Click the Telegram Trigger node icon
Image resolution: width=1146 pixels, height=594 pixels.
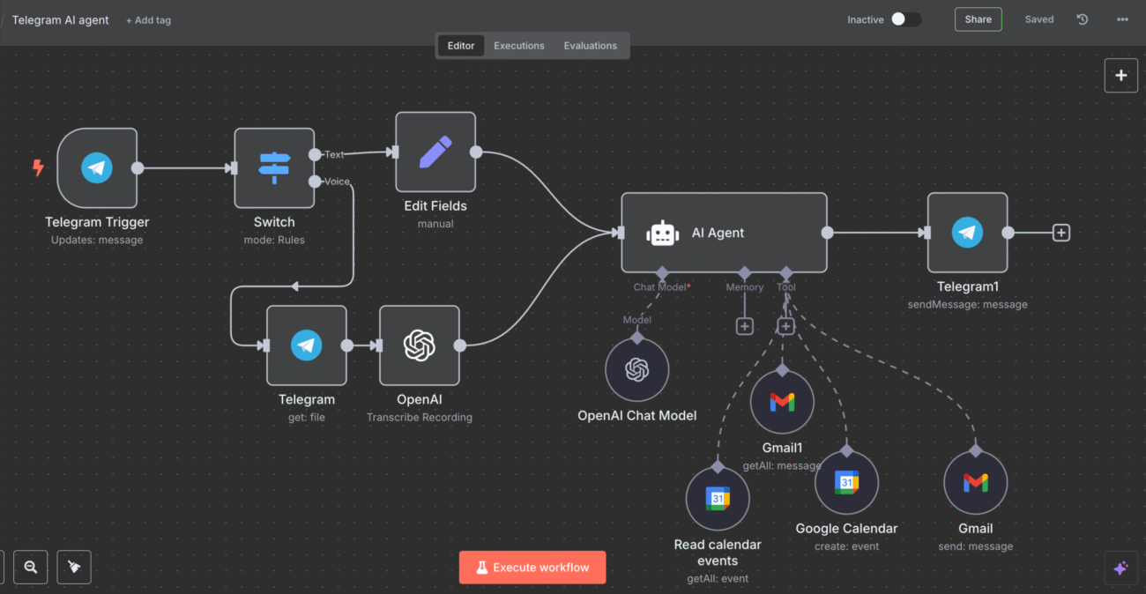pyautogui.click(x=97, y=167)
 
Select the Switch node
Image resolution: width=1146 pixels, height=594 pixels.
pyautogui.click(x=274, y=167)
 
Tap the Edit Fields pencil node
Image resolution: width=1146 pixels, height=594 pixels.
pyautogui.click(x=435, y=152)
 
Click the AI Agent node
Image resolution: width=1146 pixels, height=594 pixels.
pyautogui.click(x=724, y=233)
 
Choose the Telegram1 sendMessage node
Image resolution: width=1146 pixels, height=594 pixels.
pyautogui.click(x=967, y=233)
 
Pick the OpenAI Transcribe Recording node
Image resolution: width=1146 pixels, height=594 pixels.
pyautogui.click(x=420, y=345)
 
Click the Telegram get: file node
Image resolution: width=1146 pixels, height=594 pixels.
pyautogui.click(x=307, y=345)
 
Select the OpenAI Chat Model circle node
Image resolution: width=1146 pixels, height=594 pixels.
pyautogui.click(x=636, y=370)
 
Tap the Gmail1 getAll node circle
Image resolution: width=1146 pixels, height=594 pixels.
pyautogui.click(x=782, y=403)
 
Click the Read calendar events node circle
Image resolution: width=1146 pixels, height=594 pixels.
pyautogui.click(x=718, y=499)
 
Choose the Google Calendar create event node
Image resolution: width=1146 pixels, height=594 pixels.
pyautogui.click(x=846, y=483)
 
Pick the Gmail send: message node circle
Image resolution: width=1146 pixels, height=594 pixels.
pyautogui.click(x=975, y=483)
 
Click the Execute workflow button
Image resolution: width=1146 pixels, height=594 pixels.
pyautogui.click(x=532, y=568)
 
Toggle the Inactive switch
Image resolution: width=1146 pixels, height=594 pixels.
pyautogui.click(x=905, y=19)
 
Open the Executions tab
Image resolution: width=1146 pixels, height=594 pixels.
pyautogui.click(x=519, y=46)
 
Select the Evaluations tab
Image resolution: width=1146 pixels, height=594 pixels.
pyautogui.click(x=591, y=46)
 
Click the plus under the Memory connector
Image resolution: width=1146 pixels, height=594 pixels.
pyautogui.click(x=745, y=327)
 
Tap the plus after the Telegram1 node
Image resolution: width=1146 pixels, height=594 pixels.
pyautogui.click(x=1061, y=233)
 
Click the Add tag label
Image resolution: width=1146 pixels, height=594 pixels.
pyautogui.click(x=149, y=20)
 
